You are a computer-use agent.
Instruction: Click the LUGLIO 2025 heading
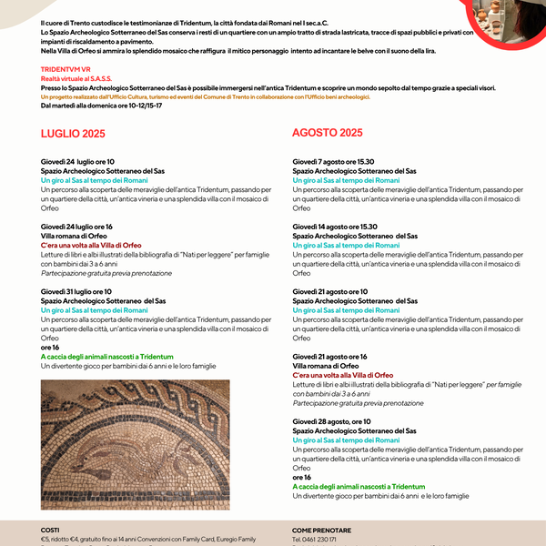(x=73, y=134)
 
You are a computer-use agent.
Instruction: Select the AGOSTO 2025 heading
(x=327, y=133)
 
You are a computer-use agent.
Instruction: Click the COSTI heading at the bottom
(x=50, y=530)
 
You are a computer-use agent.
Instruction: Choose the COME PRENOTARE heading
(x=321, y=530)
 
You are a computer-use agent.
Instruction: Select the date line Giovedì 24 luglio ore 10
(x=77, y=162)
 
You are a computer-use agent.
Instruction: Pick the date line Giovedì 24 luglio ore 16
(x=76, y=227)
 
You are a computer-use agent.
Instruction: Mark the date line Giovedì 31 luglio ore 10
(x=76, y=291)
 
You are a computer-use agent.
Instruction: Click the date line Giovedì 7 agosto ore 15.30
(x=334, y=162)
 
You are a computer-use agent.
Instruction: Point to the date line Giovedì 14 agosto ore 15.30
(x=335, y=227)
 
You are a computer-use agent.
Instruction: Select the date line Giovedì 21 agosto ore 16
(x=329, y=357)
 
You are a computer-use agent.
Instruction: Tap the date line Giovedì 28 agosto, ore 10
(x=331, y=421)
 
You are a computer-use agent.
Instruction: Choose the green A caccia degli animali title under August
(x=358, y=487)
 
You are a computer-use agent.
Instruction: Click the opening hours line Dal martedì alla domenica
(x=101, y=106)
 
